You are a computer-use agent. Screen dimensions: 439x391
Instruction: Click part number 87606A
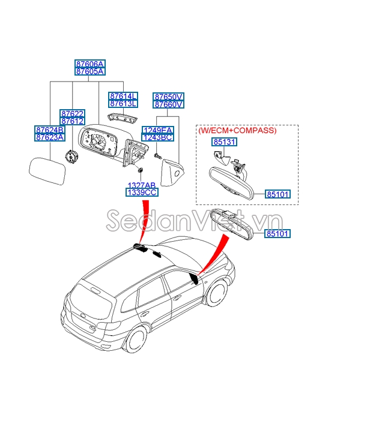pos(89,64)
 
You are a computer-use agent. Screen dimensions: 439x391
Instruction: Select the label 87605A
pos(89,71)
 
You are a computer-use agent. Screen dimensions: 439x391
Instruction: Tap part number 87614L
pos(123,96)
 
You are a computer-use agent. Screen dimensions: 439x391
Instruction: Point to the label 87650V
pos(168,97)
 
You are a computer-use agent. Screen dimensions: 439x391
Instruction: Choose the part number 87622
pos(72,113)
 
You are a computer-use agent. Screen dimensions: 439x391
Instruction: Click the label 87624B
pos(50,130)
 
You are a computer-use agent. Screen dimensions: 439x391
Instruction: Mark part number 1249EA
pos(157,130)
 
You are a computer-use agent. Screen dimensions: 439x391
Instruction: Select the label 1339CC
pos(142,193)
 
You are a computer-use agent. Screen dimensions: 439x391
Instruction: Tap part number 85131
pos(224,143)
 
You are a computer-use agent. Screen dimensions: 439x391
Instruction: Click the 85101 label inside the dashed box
pos(278,194)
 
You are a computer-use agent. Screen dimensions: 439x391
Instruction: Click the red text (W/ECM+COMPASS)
pos(237,130)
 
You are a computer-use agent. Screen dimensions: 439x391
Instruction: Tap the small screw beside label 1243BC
pos(158,156)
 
